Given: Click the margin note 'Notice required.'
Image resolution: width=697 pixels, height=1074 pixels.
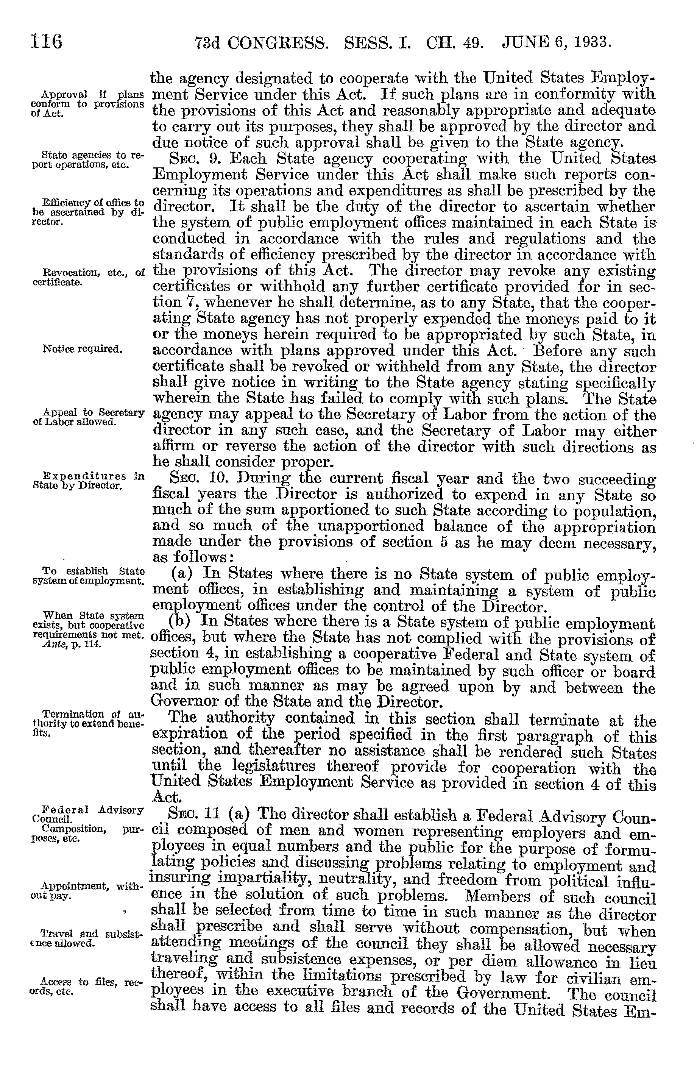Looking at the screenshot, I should click(82, 349).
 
